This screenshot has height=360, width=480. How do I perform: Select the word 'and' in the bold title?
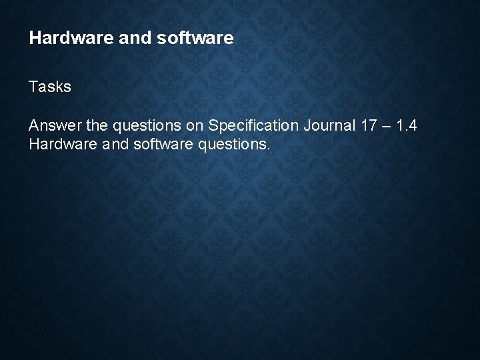(121, 38)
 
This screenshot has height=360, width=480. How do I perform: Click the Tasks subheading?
(50, 87)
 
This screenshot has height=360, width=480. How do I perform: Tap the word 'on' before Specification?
(196, 125)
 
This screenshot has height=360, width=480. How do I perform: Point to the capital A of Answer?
(34, 125)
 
